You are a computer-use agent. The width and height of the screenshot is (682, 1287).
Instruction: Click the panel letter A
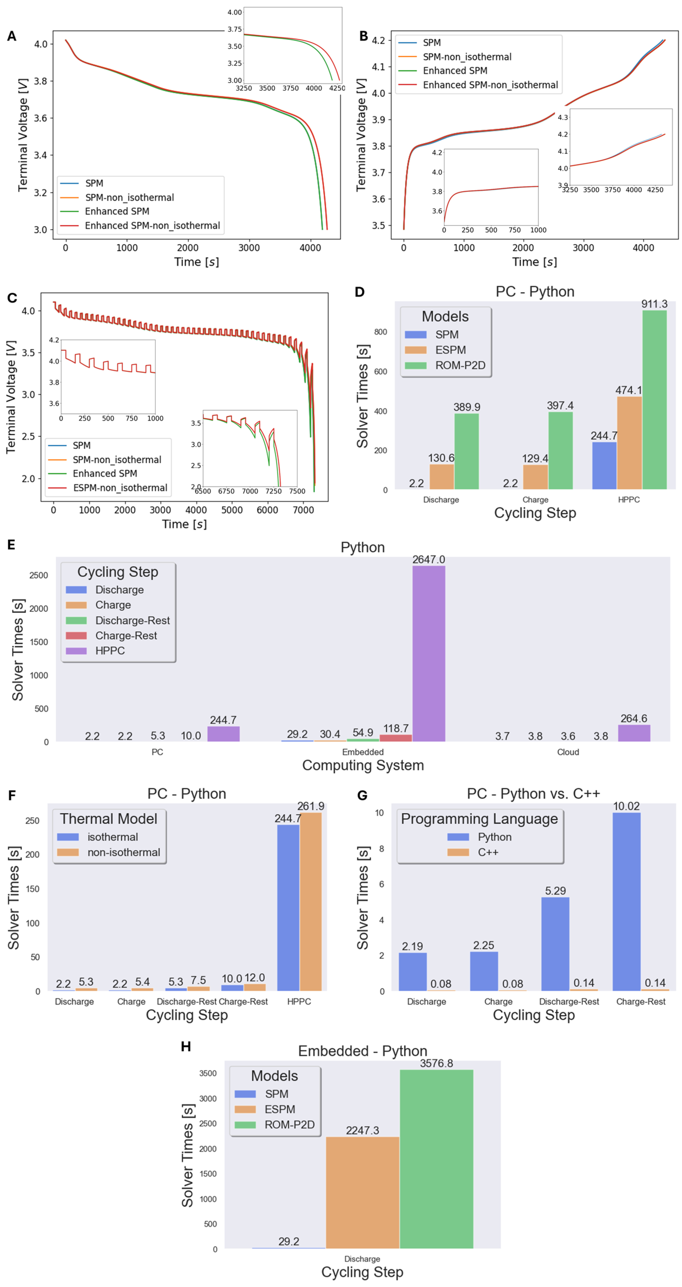[12, 36]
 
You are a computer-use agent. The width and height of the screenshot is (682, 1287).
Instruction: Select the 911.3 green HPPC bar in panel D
[654, 400]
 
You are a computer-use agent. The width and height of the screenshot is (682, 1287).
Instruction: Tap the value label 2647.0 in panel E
[428, 560]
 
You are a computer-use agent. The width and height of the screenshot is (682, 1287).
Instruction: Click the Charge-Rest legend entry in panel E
[126, 635]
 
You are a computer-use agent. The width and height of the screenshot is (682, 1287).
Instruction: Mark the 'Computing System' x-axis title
[363, 765]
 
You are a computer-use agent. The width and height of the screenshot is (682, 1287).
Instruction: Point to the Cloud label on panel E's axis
[568, 752]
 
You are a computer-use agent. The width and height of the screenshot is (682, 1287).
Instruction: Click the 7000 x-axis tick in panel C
[303, 510]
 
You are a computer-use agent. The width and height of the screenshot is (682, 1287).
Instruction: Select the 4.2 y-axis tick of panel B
[378, 40]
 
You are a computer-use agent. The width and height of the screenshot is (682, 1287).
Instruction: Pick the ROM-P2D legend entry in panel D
[460, 365]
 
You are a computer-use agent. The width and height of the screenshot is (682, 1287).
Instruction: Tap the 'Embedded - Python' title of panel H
[362, 1051]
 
